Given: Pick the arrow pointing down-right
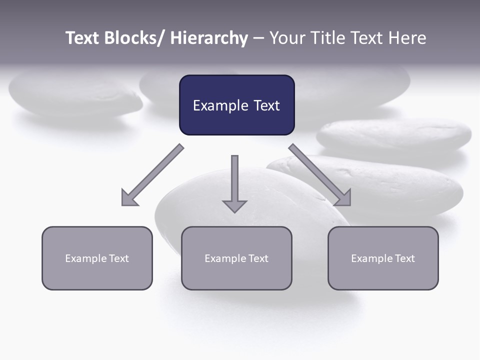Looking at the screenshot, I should click(320, 175).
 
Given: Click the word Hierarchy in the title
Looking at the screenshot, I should click(209, 38).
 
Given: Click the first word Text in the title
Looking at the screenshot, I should click(83, 38).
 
